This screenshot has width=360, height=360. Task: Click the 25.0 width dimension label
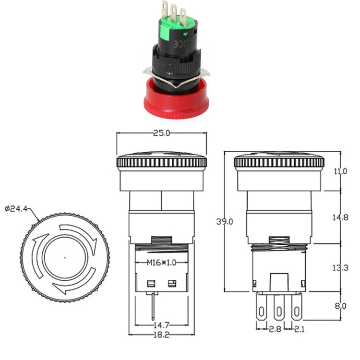162,133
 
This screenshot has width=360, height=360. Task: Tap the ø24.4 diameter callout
17,208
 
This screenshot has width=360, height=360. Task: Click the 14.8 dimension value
339,217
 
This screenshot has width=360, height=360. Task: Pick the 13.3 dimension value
339,267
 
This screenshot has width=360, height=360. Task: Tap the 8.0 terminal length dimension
339,306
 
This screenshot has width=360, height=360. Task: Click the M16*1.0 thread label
161,263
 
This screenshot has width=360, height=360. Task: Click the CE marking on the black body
186,48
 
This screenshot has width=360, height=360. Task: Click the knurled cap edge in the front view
162,162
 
